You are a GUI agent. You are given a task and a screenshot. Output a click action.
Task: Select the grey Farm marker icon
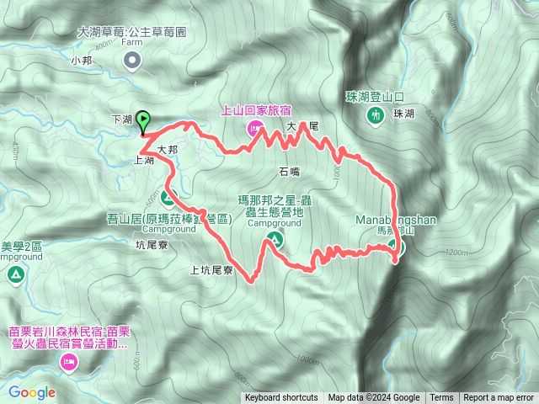133,59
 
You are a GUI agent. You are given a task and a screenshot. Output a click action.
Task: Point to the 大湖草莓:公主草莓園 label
131,31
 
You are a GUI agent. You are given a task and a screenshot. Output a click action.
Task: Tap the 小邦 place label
82,61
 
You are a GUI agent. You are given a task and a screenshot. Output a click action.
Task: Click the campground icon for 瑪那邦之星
275,242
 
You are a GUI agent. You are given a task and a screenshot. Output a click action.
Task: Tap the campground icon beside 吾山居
167,199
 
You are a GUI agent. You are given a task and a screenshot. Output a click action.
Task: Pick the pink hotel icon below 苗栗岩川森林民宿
68,363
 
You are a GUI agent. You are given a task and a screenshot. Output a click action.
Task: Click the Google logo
32,392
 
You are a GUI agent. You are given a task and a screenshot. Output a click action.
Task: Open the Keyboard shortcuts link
281,398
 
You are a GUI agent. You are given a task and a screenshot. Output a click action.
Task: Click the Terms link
441,398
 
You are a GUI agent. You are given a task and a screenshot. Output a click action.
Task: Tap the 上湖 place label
143,159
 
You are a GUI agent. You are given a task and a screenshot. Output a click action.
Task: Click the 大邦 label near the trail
167,149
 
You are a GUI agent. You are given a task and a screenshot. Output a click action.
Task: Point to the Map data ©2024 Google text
374,398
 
